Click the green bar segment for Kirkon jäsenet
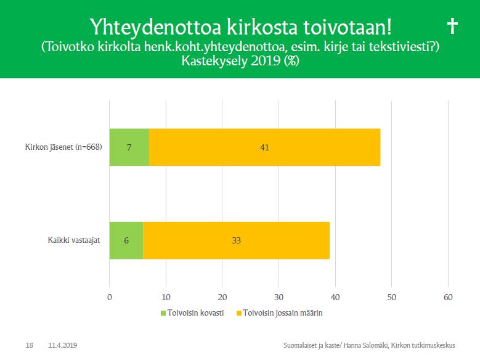(129, 147)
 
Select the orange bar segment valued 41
(264, 147)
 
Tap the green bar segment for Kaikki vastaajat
(126, 240)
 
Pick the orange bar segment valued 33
(237, 240)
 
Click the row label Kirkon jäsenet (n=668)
(63, 147)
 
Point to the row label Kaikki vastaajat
(74, 240)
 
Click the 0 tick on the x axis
(110, 297)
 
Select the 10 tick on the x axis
(166, 297)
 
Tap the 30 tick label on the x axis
(279, 297)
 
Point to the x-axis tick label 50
(391, 297)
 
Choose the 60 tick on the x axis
(448, 297)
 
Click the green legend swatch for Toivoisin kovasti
(163, 313)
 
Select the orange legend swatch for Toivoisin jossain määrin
(239, 313)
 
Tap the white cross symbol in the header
(452, 26)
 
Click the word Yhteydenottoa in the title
(155, 27)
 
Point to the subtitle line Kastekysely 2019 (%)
(240, 60)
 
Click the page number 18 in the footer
(30, 345)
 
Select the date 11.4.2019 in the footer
(62, 345)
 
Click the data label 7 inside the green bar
(129, 147)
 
